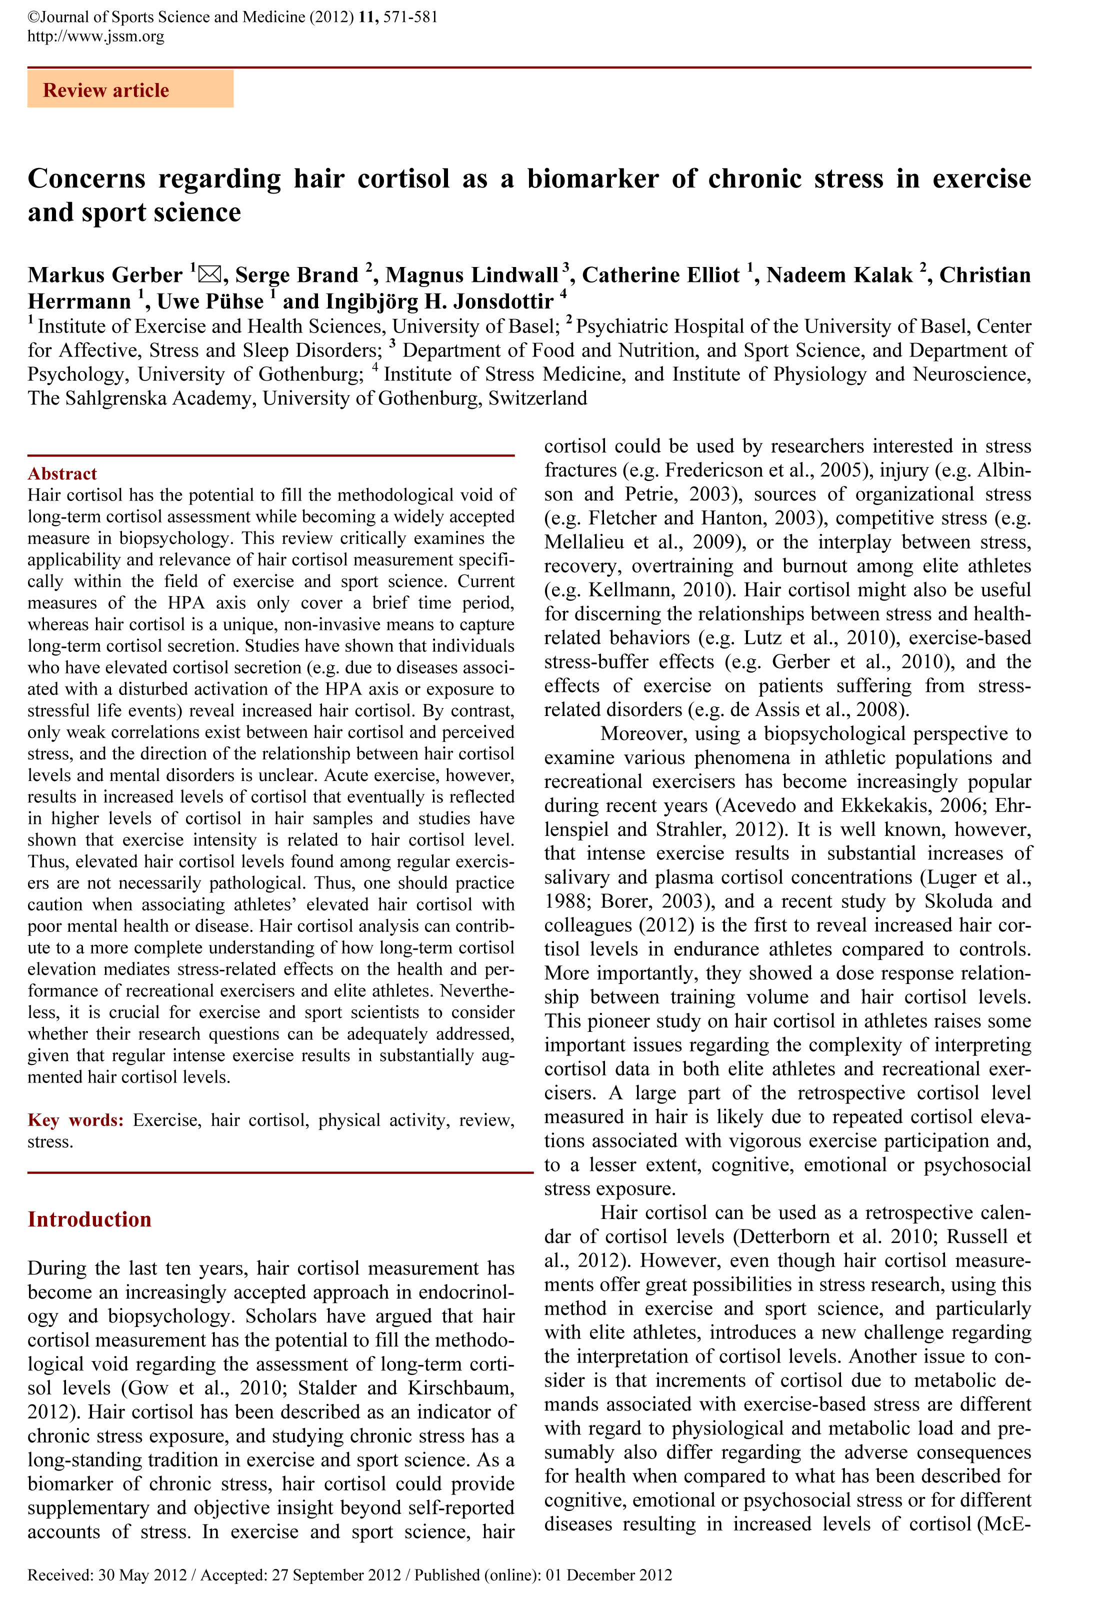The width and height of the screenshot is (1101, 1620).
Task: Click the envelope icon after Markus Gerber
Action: (208, 274)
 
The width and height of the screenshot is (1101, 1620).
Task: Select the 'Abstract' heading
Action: (62, 474)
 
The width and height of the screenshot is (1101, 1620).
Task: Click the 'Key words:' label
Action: (75, 1120)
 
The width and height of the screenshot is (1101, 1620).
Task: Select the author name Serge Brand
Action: (296, 275)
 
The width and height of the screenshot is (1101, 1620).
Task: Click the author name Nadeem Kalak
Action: (839, 275)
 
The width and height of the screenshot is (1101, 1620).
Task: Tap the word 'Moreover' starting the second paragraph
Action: (641, 734)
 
